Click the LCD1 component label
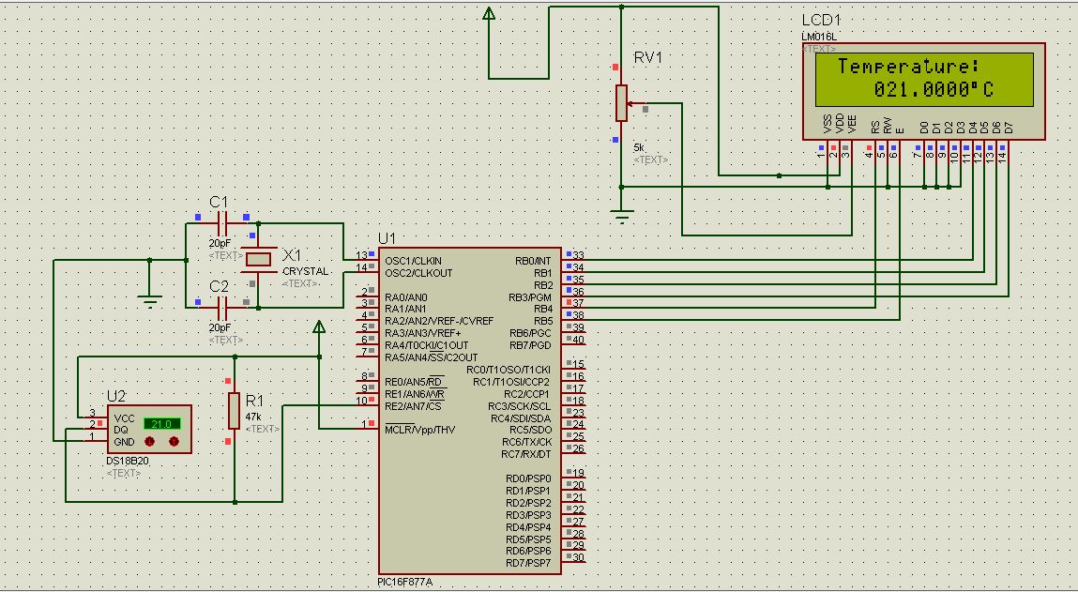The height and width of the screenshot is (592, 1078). (x=821, y=21)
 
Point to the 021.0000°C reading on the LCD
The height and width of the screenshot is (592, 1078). (x=934, y=90)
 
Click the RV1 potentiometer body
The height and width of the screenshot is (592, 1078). (x=621, y=102)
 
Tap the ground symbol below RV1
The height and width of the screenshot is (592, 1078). (x=621, y=216)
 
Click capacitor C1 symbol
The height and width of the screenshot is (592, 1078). (x=223, y=223)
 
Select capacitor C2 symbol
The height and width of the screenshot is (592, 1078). (x=223, y=306)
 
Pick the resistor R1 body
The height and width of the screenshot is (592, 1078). (x=234, y=410)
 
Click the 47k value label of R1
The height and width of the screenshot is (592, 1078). (x=253, y=416)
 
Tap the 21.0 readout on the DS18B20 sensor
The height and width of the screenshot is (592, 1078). (x=161, y=424)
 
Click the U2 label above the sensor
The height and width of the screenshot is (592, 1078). (x=116, y=395)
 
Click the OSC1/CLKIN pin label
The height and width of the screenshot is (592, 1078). (x=412, y=261)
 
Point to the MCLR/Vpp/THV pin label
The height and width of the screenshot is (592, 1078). (x=419, y=430)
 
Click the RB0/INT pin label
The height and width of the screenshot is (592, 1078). (x=534, y=261)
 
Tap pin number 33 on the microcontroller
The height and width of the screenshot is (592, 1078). (x=578, y=255)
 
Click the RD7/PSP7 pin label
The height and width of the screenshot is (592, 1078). (x=527, y=563)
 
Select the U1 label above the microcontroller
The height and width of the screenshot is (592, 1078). (x=387, y=238)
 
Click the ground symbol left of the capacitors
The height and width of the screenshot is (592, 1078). (x=148, y=299)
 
